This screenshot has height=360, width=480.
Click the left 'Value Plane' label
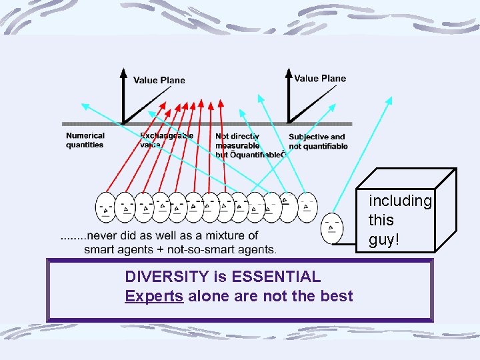[159, 81]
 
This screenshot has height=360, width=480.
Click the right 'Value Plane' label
[320, 79]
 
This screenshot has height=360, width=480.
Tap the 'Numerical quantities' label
[85, 141]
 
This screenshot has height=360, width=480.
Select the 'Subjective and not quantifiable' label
[318, 142]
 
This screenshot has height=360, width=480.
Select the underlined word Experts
[153, 296]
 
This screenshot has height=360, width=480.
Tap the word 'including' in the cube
[401, 201]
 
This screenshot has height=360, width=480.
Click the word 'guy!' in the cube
[384, 239]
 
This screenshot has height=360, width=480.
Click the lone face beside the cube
[331, 228]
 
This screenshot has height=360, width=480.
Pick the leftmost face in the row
[105, 207]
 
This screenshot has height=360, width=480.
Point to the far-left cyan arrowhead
[85, 105]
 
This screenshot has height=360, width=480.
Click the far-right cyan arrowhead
[389, 100]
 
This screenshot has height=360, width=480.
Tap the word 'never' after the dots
[103, 235]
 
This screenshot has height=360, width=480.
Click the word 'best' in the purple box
[337, 296]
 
